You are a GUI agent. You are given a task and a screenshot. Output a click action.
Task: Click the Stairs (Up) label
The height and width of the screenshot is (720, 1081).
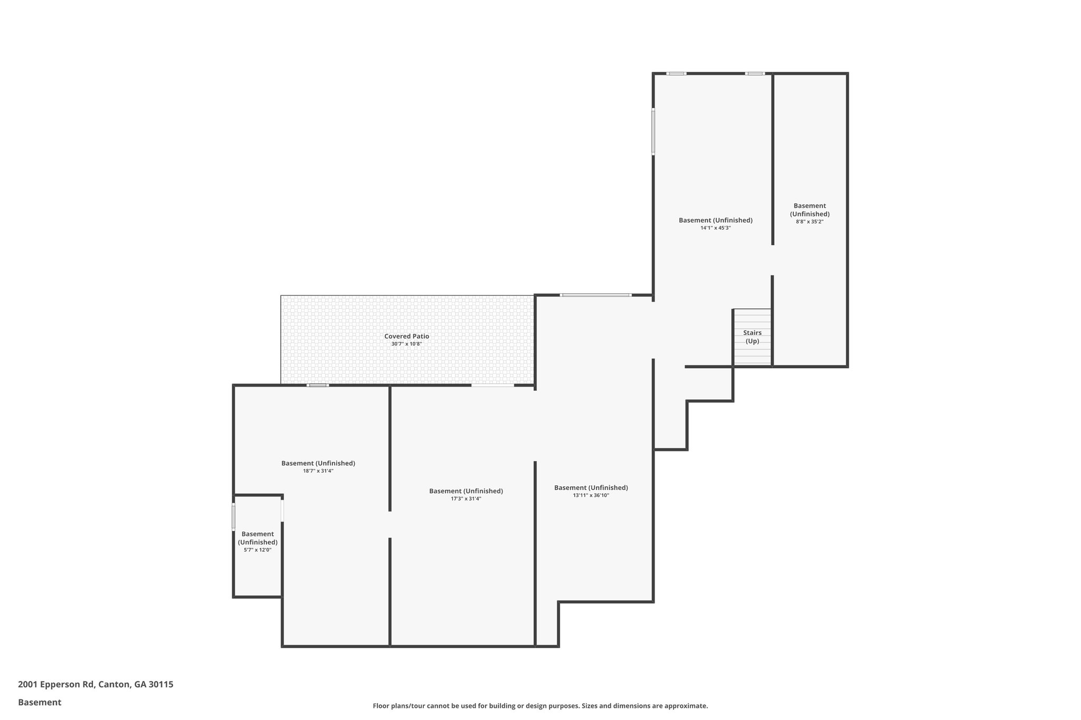[x=752, y=337]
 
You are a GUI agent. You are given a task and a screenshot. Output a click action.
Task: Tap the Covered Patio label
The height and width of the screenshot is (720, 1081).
[x=406, y=336]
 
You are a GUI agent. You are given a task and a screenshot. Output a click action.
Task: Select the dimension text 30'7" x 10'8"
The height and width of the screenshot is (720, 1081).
[x=406, y=344]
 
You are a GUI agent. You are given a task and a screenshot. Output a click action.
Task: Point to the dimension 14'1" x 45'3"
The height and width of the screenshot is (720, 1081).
[x=715, y=228]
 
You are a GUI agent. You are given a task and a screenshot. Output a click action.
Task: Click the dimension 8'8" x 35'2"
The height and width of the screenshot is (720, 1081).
[x=809, y=222]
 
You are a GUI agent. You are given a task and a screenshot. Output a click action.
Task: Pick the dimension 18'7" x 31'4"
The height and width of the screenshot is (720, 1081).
[x=318, y=471]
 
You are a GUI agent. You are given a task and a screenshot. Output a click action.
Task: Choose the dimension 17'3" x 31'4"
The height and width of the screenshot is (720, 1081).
[x=466, y=498]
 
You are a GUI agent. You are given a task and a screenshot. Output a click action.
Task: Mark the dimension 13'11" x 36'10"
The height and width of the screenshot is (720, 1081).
[x=591, y=495]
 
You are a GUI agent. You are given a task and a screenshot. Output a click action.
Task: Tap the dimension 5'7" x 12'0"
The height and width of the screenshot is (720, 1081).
[x=258, y=550]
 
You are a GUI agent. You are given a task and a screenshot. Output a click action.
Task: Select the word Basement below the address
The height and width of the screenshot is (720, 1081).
[x=40, y=702]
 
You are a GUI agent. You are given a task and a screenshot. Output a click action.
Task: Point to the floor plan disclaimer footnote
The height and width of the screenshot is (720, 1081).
[x=540, y=706]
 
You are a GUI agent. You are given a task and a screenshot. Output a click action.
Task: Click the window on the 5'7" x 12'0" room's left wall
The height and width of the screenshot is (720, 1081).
[x=233, y=517]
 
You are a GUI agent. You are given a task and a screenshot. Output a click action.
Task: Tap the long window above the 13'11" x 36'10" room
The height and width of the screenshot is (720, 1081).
[x=595, y=295]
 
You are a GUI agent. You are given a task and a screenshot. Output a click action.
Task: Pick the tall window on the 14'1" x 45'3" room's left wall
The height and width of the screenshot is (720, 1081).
[x=653, y=132]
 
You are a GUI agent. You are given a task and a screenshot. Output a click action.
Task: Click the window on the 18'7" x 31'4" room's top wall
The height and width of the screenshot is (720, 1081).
[x=318, y=385]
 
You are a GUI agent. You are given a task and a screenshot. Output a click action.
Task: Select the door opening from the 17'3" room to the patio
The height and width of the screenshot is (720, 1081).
[x=492, y=385]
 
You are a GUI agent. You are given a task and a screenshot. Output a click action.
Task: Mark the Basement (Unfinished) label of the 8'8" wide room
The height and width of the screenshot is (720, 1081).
[x=809, y=210]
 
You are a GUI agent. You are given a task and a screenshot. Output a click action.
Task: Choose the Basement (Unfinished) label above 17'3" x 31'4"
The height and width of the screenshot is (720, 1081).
[x=466, y=491]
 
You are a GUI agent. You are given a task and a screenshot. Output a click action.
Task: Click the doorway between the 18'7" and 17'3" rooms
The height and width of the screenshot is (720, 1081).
[x=390, y=524]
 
